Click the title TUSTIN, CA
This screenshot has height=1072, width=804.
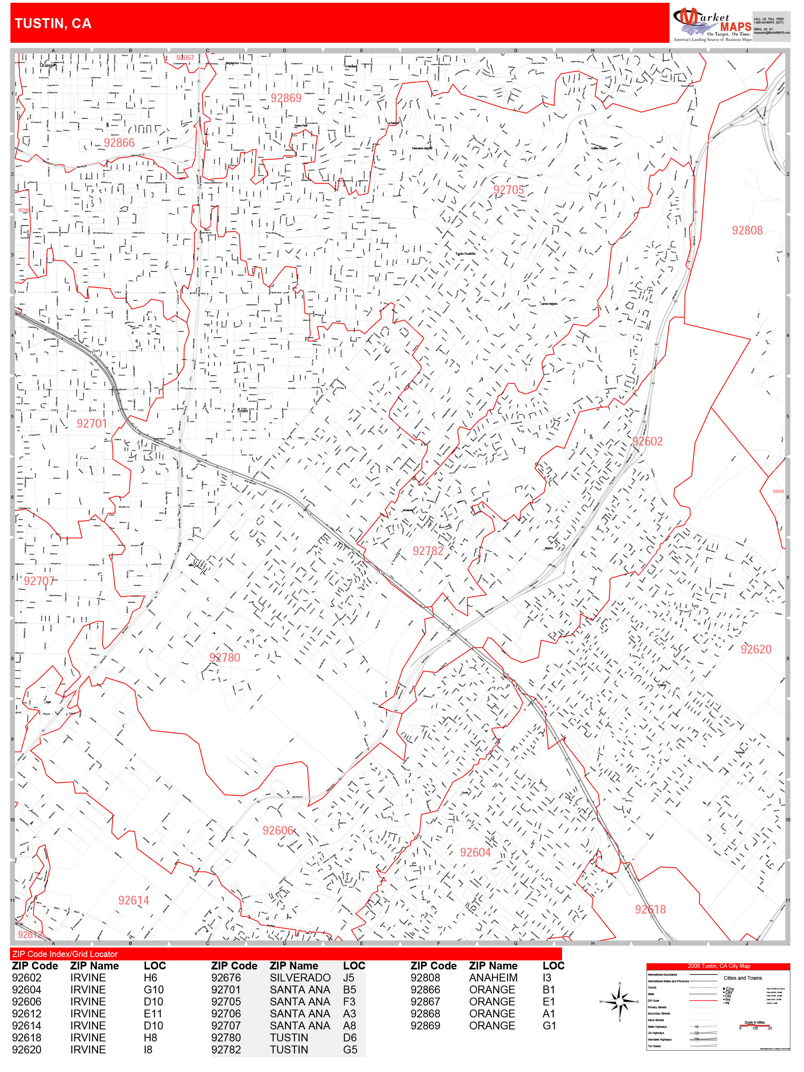[53, 23]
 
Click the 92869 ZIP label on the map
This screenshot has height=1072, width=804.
[286, 98]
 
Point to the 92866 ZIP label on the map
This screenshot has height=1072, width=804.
[119, 143]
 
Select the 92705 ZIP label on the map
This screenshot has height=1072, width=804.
[508, 190]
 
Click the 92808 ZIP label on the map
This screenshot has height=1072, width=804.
[747, 231]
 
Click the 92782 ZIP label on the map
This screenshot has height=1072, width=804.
[428, 551]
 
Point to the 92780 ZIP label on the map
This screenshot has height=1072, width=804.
[225, 658]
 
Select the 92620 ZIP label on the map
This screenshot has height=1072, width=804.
[756, 649]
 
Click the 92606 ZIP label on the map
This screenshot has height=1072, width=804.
[278, 830]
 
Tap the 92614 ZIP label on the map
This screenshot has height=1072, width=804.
[133, 900]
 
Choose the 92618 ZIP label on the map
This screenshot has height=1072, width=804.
[651, 909]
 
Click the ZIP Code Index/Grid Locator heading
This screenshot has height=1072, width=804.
[65, 954]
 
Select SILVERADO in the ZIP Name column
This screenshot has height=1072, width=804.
[300, 978]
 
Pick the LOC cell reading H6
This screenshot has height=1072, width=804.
[150, 978]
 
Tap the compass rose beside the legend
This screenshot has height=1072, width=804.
[620, 1001]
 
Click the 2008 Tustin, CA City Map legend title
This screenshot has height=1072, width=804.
[718, 966]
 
